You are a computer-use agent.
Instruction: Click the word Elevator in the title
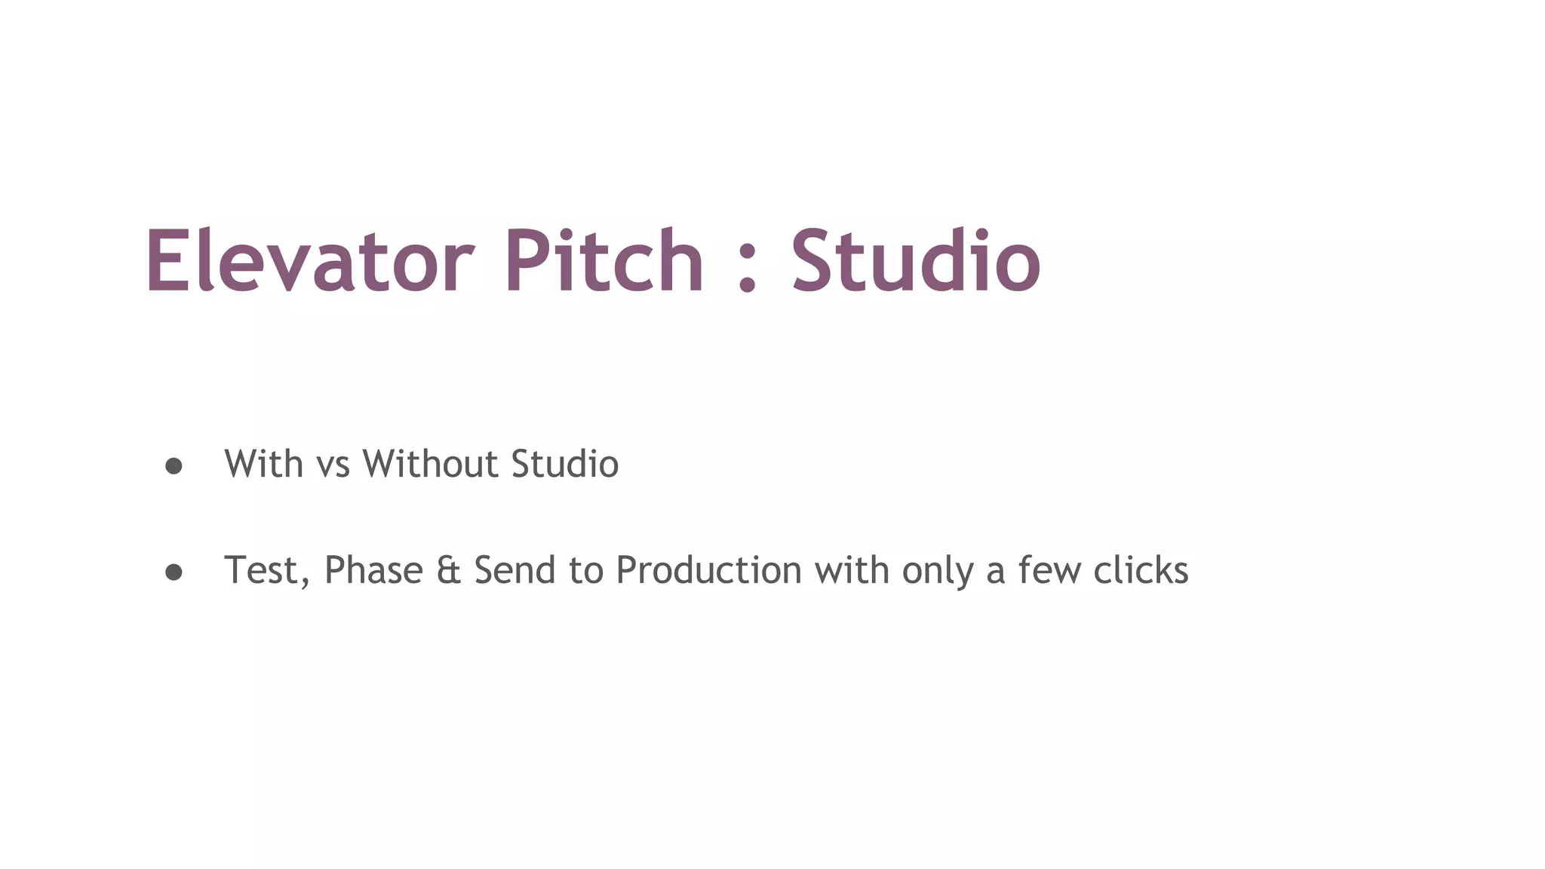click(309, 261)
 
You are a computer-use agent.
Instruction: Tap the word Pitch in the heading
click(604, 261)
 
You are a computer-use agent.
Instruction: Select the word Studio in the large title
click(916, 261)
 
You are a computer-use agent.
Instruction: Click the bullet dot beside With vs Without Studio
click(174, 466)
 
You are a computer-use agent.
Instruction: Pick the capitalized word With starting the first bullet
click(263, 463)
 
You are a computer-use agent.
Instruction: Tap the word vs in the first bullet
click(333, 465)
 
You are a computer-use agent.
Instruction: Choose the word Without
click(430, 463)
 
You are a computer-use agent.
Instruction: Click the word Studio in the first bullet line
click(564, 463)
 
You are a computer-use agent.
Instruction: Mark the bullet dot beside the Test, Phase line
click(174, 573)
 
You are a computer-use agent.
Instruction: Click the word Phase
click(373, 570)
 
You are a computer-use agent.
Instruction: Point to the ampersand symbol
click(448, 570)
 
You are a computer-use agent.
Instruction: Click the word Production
click(708, 570)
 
